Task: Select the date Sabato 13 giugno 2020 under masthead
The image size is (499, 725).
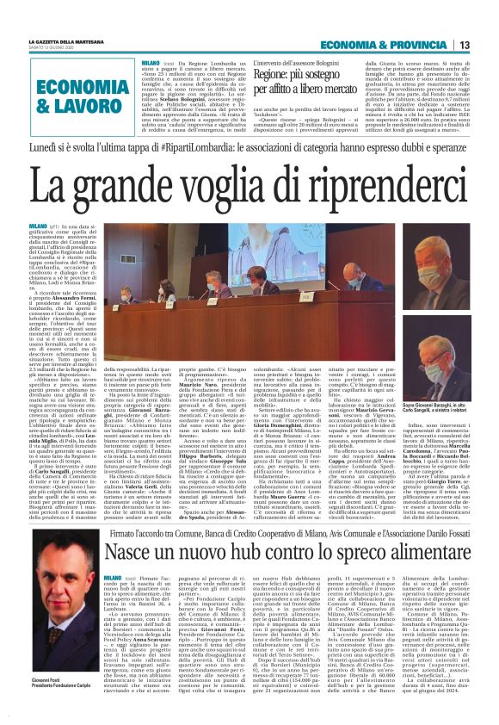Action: [56, 48]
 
